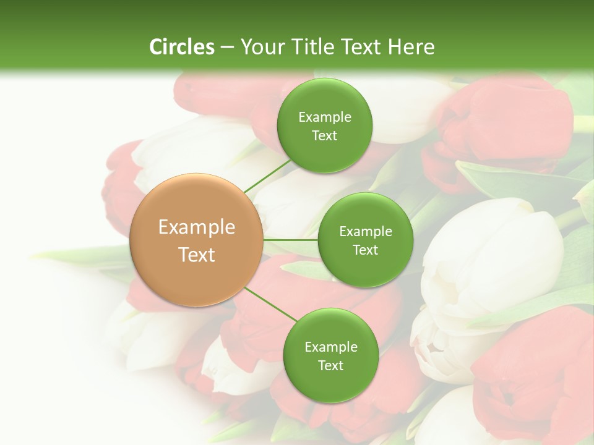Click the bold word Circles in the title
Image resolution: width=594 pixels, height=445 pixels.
(181, 47)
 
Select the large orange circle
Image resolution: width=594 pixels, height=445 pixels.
(197, 240)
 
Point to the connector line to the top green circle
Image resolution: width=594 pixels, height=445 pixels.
(268, 176)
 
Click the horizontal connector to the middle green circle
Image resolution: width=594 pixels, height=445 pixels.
(290, 240)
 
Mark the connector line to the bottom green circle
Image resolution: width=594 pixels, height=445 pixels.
(270, 303)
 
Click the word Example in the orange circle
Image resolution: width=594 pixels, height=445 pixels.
(197, 227)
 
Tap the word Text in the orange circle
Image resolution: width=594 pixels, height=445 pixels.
(197, 255)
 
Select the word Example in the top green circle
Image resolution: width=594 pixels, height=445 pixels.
(324, 117)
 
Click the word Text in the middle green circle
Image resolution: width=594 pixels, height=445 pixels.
(365, 250)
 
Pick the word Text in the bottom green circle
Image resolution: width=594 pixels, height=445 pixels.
(330, 366)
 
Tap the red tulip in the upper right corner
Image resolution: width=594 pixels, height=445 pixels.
(514, 124)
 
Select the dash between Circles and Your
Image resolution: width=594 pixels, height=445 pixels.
(226, 48)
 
